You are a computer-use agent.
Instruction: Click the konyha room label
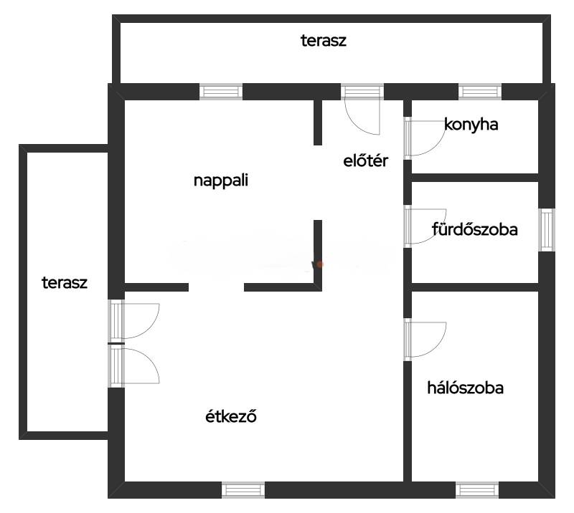tap(471, 125)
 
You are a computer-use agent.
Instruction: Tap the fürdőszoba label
tap(474, 229)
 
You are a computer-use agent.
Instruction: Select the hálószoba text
tap(465, 388)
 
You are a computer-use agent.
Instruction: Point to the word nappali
tap(221, 181)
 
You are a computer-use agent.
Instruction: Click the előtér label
tap(365, 160)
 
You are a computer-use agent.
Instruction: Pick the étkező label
tap(230, 416)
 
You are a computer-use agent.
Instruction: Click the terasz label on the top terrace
tap(324, 41)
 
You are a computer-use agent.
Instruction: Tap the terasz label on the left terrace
tap(65, 282)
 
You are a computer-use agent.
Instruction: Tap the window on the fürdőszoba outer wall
tap(547, 229)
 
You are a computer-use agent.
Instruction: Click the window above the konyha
tap(480, 92)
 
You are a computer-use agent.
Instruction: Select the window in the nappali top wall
tap(221, 92)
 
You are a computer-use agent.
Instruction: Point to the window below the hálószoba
tap(477, 490)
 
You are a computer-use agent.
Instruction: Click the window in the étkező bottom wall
tap(243, 490)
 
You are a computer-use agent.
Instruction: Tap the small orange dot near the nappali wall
tap(320, 264)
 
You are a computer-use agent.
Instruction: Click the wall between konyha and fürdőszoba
tap(475, 178)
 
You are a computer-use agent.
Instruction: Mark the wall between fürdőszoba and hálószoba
tap(475, 287)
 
